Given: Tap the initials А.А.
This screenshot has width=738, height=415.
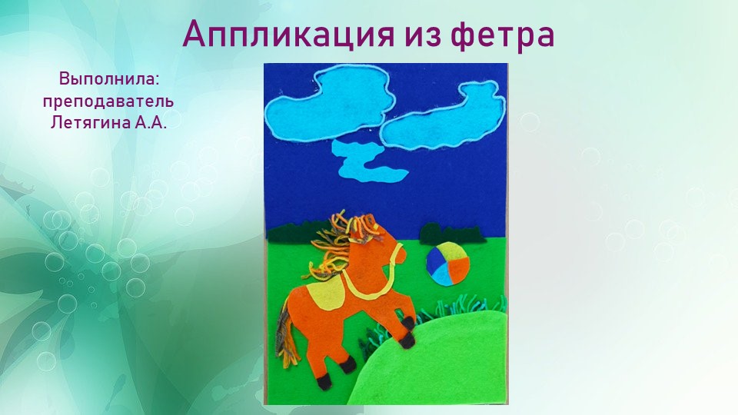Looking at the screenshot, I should coord(150,122).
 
